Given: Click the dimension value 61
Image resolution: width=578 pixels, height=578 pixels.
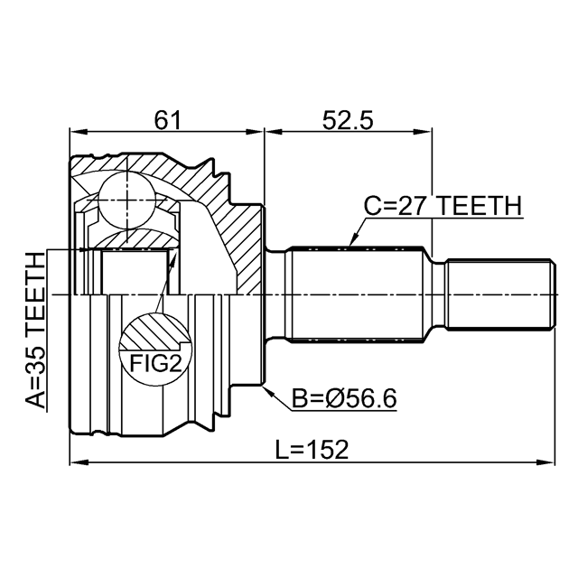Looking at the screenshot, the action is (x=168, y=120).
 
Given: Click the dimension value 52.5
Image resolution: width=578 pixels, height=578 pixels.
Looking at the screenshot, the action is (x=348, y=120).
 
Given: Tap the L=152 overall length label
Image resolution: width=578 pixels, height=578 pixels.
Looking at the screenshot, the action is (x=312, y=450).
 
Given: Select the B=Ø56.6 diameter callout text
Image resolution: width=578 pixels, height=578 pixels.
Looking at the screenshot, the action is (x=344, y=398).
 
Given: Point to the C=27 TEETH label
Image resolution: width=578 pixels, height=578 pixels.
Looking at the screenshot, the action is (x=443, y=206).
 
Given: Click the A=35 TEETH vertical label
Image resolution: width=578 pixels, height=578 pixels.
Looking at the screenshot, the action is (x=36, y=331).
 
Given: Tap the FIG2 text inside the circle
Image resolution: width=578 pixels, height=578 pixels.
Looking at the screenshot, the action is (x=155, y=363).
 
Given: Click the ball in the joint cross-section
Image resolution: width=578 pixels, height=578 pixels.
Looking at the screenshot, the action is (x=126, y=200).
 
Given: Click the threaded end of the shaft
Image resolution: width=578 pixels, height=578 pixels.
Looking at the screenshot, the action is (x=500, y=294).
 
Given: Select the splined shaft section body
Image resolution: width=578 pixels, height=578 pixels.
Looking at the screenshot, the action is (x=356, y=294).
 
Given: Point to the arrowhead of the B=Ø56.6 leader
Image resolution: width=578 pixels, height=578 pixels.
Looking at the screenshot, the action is (x=268, y=392).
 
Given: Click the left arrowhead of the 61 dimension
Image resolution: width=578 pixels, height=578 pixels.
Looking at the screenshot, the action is (x=79, y=132).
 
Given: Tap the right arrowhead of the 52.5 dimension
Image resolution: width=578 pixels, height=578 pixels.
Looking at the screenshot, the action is (x=423, y=132).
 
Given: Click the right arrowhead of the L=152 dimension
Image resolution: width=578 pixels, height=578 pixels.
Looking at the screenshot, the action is (x=546, y=461).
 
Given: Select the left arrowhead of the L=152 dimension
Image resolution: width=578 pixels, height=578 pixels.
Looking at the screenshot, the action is (x=79, y=461).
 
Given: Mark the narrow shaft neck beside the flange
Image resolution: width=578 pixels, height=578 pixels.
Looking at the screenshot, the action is (x=275, y=294).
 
